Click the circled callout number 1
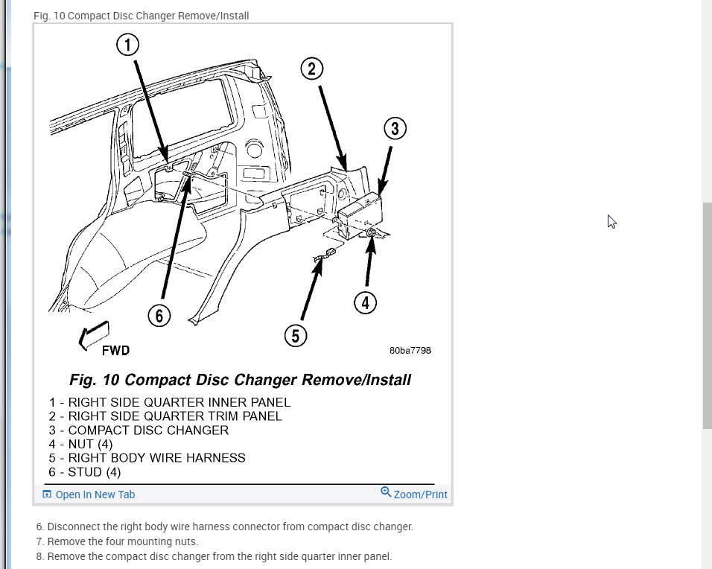point(128,45)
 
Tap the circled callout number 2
point(312,69)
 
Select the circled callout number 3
point(395,128)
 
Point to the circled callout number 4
point(364,302)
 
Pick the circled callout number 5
point(296,336)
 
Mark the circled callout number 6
point(159,316)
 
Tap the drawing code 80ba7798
point(410,351)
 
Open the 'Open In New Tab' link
point(95,495)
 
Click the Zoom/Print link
point(419,494)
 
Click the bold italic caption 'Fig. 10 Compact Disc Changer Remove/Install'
point(240,380)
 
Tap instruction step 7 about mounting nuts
point(117,541)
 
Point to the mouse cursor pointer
point(611,221)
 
